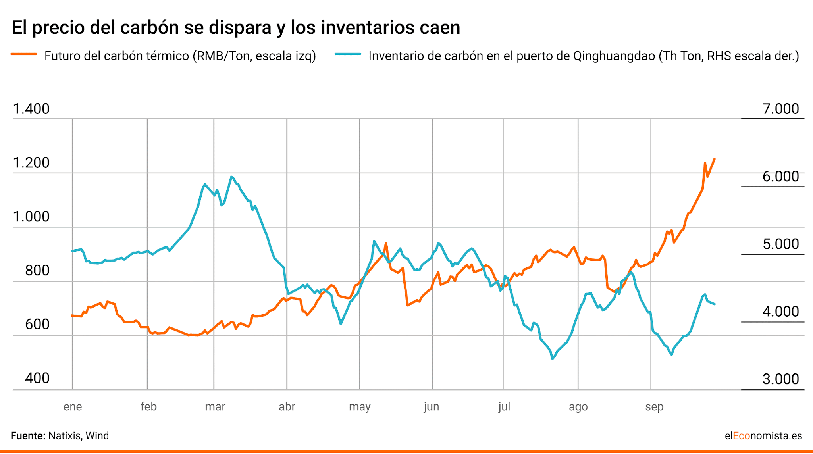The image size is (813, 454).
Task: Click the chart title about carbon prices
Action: [236, 28]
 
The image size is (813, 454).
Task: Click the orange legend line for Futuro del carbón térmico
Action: [24, 54]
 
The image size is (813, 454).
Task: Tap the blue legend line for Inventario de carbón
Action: [348, 54]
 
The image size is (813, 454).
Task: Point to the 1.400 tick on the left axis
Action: [31, 109]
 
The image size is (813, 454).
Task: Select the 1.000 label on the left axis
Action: [31, 217]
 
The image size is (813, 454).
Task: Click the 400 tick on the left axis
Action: [37, 378]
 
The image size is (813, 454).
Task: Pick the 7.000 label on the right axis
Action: [780, 109]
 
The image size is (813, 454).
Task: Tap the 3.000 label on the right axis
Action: [780, 379]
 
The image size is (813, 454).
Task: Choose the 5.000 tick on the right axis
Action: [780, 244]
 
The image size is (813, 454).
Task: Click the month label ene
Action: [73, 407]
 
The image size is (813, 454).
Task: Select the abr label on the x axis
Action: [287, 407]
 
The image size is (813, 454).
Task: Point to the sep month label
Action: [654, 407]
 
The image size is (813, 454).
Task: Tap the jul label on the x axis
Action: [504, 407]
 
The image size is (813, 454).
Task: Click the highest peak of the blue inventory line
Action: [231, 177]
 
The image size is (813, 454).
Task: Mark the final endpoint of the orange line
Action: [715, 159]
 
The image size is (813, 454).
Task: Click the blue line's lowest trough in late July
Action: [553, 359]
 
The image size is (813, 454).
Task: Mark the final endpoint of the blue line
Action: [715, 304]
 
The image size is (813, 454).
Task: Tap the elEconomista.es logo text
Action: [763, 436]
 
